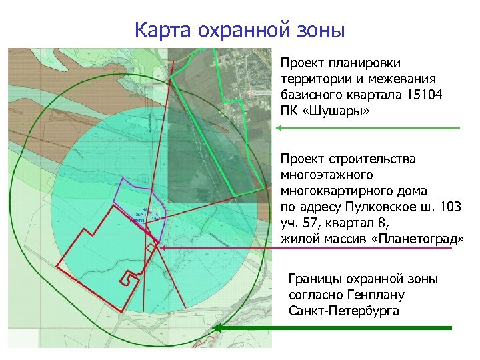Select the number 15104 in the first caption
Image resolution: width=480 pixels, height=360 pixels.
(423, 94)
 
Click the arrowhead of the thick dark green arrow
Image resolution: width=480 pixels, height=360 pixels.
(223, 328)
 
